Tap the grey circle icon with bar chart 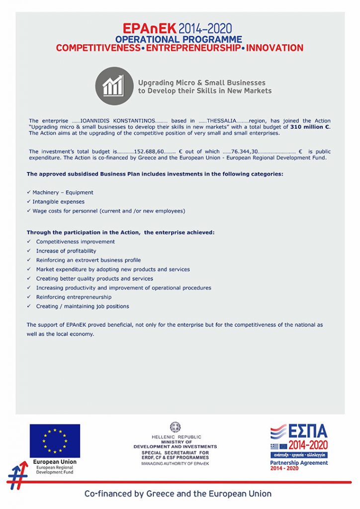coord(114,86)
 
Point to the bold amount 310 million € coord(310,127)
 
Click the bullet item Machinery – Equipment coord(63,192)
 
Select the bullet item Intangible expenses coord(58,202)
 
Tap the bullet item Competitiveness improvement coord(75,242)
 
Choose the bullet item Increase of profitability coord(66,251)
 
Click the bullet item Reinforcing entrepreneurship coord(74,297)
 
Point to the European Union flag coord(55,441)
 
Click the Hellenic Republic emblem coord(175,427)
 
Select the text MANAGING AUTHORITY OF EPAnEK coord(175,463)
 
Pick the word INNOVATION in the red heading coord(274,48)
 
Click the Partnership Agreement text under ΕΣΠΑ coord(299,463)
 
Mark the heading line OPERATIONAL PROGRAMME coord(179,39)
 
